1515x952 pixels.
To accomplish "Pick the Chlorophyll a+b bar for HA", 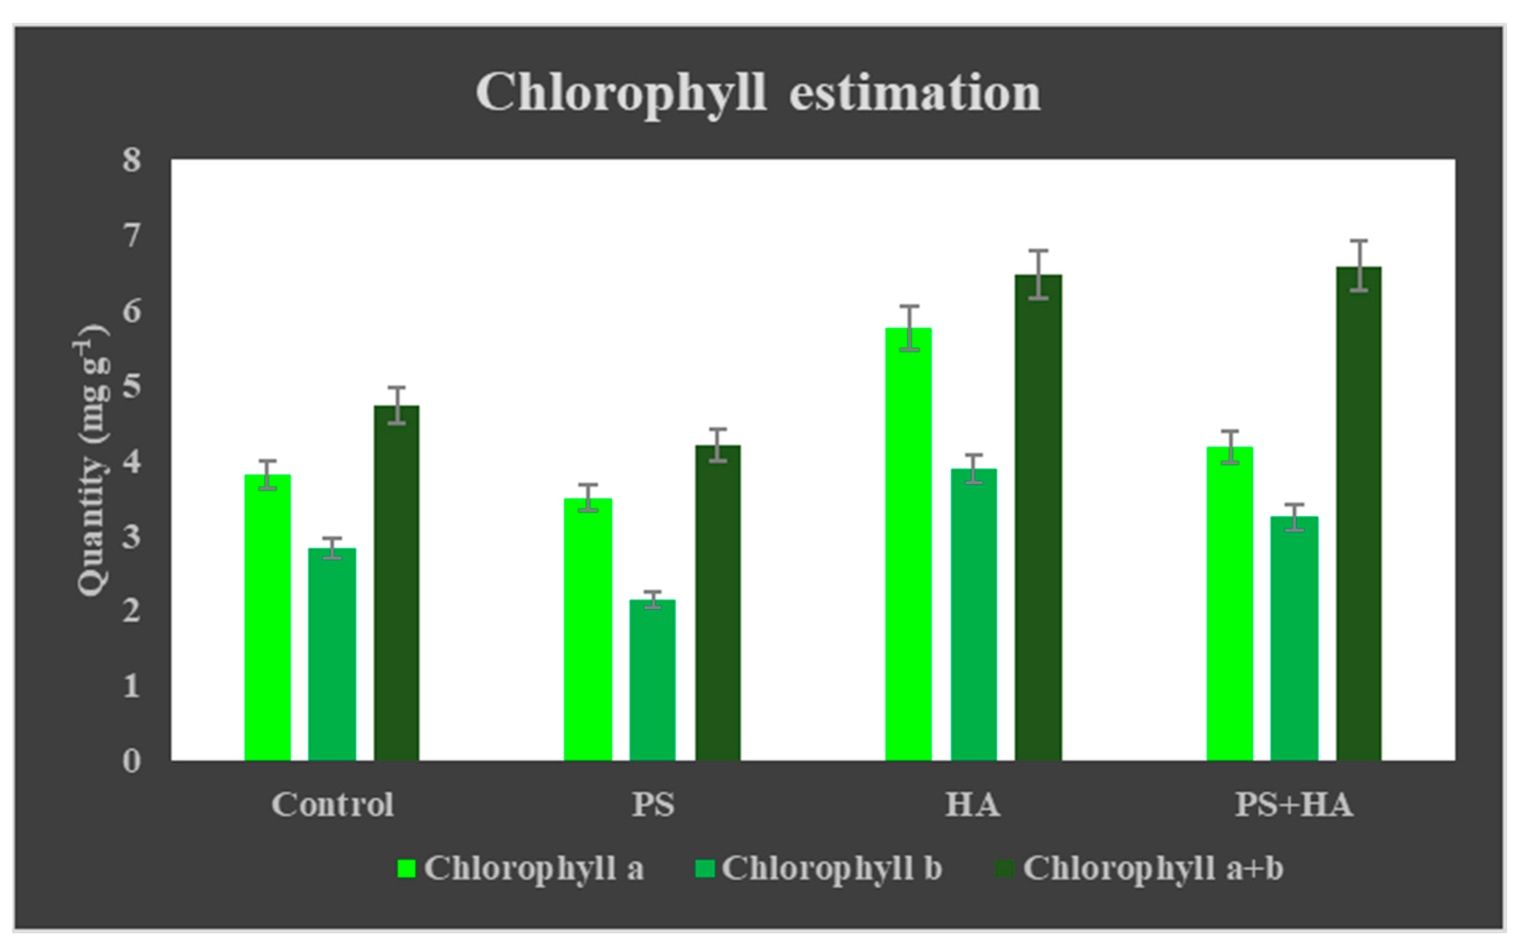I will [x=1038, y=518].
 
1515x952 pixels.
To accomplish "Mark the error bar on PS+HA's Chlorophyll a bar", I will [x=1230, y=447].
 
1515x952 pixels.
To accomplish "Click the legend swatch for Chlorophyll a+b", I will [x=1004, y=870].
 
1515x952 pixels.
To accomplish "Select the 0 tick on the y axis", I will [x=131, y=762].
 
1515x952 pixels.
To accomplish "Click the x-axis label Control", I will [x=332, y=805].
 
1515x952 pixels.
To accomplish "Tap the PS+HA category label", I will [x=1294, y=805].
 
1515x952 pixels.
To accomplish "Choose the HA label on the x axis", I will [x=972, y=805].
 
